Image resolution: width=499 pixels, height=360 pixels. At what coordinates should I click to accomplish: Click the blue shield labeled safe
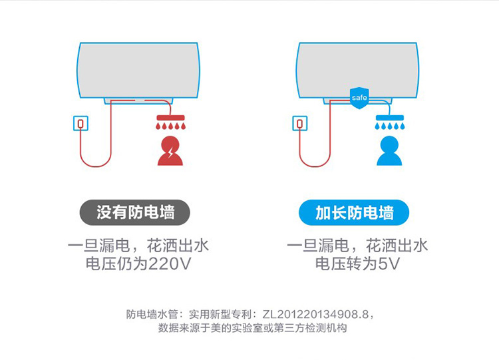tap(359, 98)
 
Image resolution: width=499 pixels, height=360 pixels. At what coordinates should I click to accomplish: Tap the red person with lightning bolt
tap(170, 151)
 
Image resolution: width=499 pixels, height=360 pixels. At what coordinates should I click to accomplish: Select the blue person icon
tap(389, 151)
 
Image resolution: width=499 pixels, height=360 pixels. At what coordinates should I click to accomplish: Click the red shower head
tap(170, 118)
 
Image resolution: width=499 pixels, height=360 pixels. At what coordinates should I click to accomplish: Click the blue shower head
tap(389, 118)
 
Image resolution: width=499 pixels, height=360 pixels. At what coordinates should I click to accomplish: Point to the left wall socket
tap(81, 123)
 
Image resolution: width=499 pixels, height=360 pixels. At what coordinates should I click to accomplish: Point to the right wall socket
tap(300, 123)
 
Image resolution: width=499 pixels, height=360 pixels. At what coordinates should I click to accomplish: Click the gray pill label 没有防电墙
tap(135, 212)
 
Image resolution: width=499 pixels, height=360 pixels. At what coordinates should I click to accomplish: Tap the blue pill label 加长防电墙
tap(354, 212)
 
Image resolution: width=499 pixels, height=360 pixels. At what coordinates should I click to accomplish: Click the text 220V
tap(170, 264)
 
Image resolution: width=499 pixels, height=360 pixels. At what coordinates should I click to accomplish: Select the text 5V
tap(389, 264)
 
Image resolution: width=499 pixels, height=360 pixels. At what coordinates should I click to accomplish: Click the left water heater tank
tap(138, 71)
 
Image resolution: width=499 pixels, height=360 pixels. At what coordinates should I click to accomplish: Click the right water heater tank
tap(357, 71)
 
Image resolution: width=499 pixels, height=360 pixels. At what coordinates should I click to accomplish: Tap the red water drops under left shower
tap(170, 126)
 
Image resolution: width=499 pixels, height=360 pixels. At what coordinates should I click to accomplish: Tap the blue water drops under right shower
tap(389, 126)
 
